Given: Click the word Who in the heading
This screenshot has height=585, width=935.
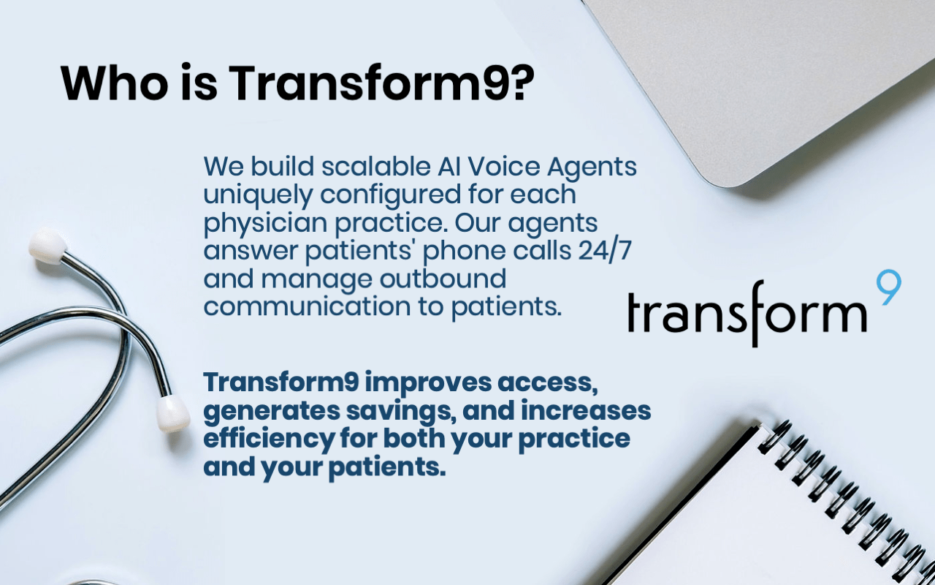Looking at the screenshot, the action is [x=115, y=83].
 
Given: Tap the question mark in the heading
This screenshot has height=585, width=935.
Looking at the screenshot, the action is [x=522, y=83].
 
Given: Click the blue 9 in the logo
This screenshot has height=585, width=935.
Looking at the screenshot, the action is [x=888, y=287].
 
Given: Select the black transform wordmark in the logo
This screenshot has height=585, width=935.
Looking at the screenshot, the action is [x=747, y=314].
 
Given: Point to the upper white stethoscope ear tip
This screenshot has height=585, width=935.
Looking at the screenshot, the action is [x=47, y=246].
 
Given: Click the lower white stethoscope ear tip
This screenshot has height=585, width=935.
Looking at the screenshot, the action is [x=172, y=414].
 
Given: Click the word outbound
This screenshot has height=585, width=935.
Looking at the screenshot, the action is [x=443, y=279].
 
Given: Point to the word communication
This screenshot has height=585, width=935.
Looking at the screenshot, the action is [x=308, y=306].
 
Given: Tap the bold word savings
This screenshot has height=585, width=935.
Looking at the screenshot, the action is [x=400, y=412].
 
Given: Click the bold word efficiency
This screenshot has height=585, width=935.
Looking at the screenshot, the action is [x=269, y=439].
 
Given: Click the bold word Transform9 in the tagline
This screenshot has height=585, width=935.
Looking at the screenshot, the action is [x=281, y=382].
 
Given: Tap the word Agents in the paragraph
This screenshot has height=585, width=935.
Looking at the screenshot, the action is [x=592, y=167].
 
